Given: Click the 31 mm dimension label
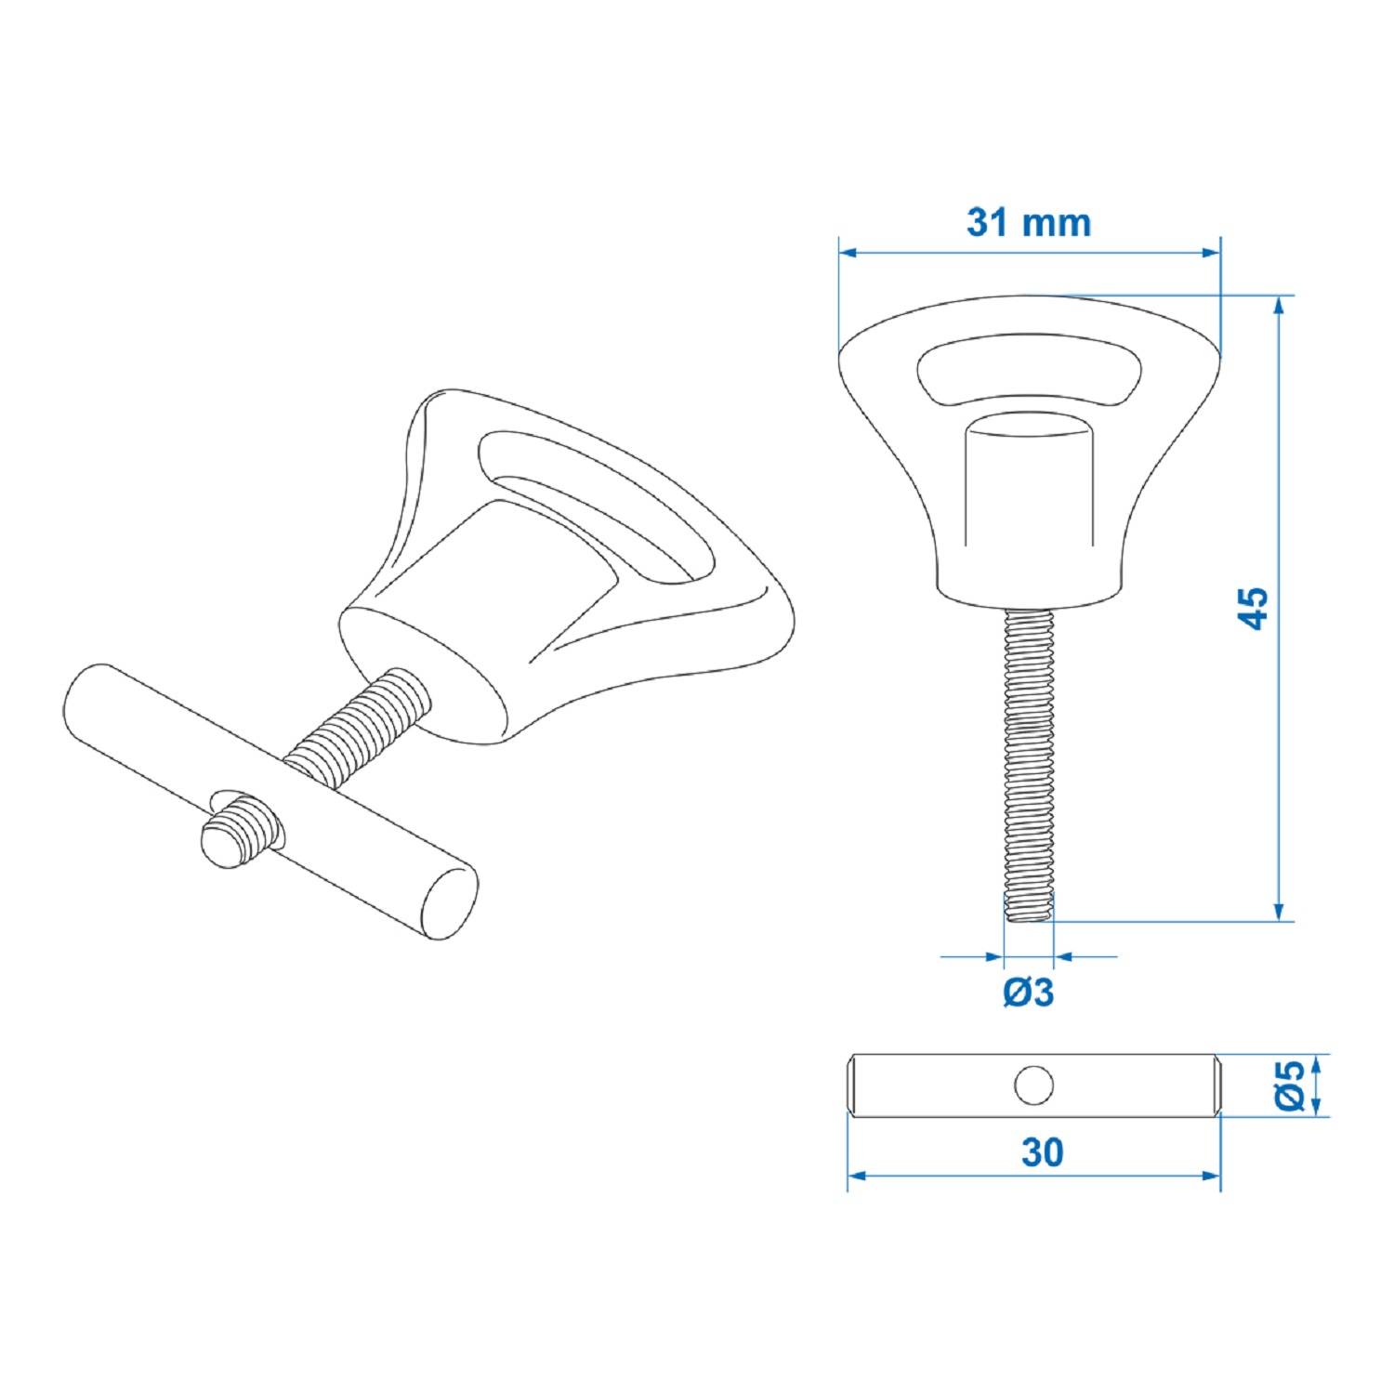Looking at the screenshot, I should pos(1028,223).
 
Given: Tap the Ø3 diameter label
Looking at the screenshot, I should pos(1029,993).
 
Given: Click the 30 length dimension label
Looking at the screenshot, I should pos(1042,1152).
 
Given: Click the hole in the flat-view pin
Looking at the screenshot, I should pos(1033,1085).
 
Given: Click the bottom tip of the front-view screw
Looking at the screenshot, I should pos(1029,915).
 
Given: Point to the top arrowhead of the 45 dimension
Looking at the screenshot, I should pos(1280,305).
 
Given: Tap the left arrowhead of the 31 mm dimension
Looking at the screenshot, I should pos(848,252).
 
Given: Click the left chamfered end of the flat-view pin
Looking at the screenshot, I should pos(854,1085).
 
